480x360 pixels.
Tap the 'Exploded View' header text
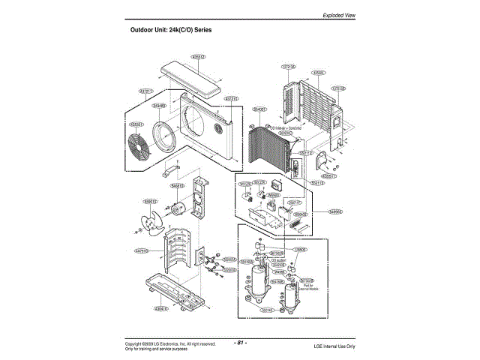click(339, 15)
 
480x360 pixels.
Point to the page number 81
click(240, 343)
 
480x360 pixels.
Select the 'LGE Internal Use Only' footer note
click(334, 346)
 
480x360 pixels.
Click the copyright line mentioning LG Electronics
click(170, 343)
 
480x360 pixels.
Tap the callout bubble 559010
click(150, 201)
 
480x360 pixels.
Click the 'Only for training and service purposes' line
click(156, 349)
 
